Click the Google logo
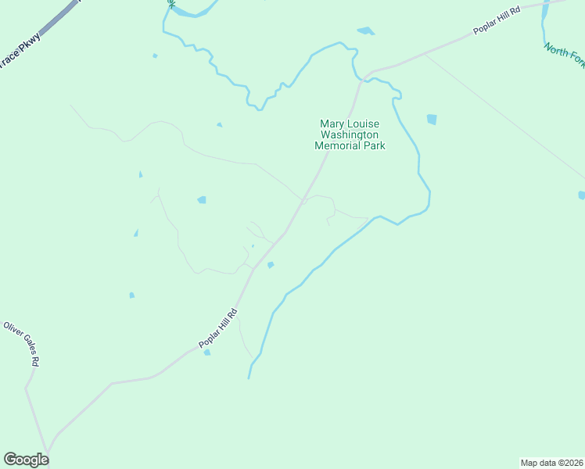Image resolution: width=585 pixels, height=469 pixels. point(26,460)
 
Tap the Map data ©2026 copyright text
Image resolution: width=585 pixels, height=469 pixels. point(551,463)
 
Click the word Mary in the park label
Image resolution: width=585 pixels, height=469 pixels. point(332,124)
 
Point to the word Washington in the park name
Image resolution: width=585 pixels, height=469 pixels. point(350,134)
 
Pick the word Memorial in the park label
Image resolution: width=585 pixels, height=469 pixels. point(339,145)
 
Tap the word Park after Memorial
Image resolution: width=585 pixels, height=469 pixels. point(375,145)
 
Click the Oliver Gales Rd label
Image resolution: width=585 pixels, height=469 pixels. point(22,345)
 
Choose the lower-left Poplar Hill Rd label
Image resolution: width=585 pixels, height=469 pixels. point(217,328)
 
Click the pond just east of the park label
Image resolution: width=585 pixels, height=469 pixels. point(431,120)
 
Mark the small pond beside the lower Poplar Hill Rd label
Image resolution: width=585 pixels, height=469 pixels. point(207,353)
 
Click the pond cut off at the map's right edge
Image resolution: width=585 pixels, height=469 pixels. point(581,195)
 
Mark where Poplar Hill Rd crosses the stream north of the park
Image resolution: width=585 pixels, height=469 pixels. point(361,77)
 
